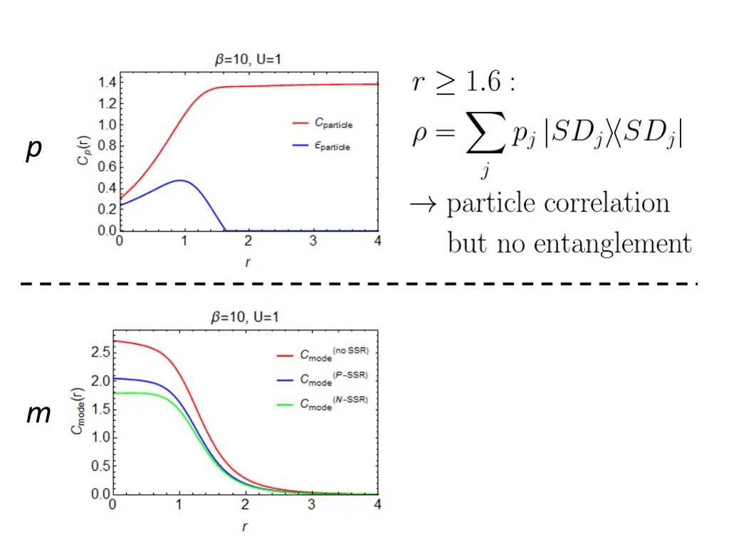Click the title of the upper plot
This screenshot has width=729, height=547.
(248, 61)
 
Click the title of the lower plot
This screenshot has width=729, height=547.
(248, 318)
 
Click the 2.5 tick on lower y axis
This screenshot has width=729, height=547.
(100, 353)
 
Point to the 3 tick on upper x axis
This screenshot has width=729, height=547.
(313, 241)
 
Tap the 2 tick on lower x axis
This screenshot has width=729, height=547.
(245, 504)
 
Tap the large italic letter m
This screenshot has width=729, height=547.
(38, 414)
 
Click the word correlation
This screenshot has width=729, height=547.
(607, 203)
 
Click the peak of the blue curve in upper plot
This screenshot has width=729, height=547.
(181, 180)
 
